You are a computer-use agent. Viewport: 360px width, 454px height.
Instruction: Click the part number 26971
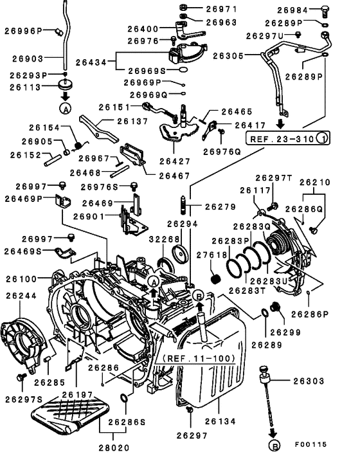(221, 10)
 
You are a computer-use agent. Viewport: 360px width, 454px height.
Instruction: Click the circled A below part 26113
(65, 107)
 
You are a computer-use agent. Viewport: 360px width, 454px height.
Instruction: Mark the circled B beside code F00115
(274, 444)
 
